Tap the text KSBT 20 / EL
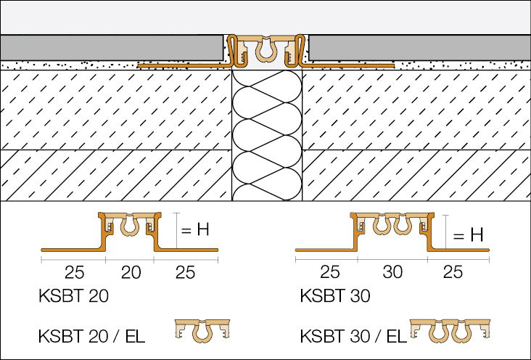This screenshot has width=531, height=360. point(92,335)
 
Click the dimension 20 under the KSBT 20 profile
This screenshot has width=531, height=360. point(131,273)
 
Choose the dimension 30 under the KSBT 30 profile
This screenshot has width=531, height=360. point(392,273)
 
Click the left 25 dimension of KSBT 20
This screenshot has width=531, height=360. point(75,273)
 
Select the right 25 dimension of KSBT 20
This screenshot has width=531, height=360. point(186,273)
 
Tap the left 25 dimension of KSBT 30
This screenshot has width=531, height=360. point(330,273)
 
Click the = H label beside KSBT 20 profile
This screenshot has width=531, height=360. point(194,230)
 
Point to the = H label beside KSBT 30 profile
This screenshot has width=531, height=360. point(467,235)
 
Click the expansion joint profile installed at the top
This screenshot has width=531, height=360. point(265,49)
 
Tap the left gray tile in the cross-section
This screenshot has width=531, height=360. point(109,49)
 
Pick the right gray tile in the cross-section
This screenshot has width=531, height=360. point(421,49)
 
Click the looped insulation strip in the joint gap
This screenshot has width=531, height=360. point(265,134)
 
